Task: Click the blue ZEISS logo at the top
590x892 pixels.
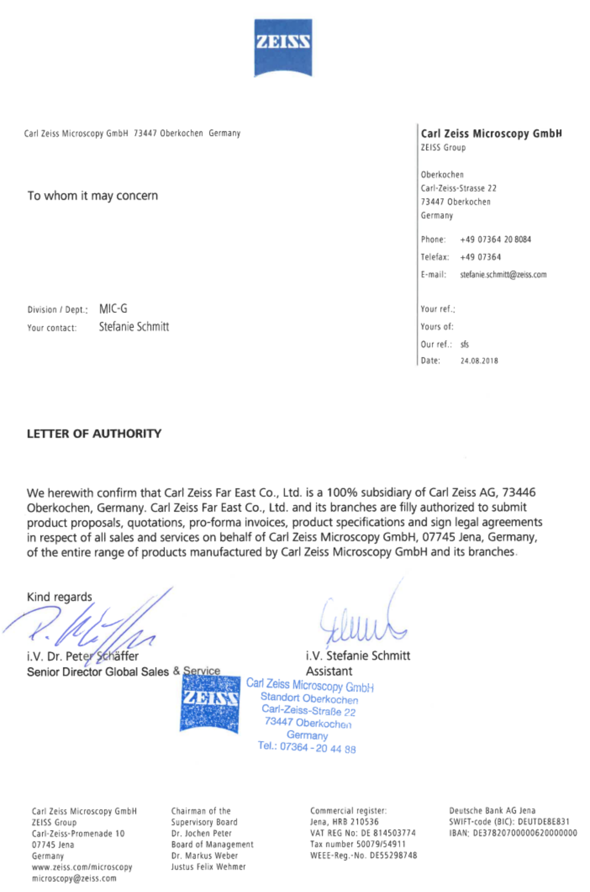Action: [x=283, y=48]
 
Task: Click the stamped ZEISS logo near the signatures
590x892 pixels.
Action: [x=210, y=704]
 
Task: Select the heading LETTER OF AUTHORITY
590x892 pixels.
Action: [x=94, y=434]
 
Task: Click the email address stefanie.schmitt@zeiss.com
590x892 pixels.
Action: [x=503, y=274]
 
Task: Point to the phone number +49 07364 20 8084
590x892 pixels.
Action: [x=495, y=239]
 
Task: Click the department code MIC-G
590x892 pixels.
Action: [x=113, y=309]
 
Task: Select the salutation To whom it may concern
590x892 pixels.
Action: [x=93, y=196]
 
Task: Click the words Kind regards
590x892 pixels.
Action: [x=60, y=597]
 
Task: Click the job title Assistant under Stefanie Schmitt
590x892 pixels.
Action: [x=329, y=671]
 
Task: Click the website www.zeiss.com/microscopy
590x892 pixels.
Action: [x=82, y=867]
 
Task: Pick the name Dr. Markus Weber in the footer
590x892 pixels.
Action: [x=205, y=855]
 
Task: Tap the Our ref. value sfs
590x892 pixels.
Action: [x=465, y=344]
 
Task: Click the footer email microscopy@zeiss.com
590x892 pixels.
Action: [x=74, y=878]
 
